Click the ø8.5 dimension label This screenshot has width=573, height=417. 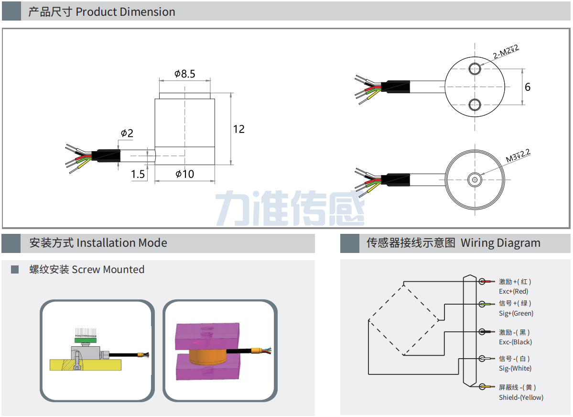[184, 74]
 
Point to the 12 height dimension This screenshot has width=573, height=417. [238, 129]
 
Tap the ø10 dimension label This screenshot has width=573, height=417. [184, 174]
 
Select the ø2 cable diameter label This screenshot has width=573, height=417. [127, 133]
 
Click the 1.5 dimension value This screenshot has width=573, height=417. [138, 175]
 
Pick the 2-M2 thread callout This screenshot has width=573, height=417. [506, 52]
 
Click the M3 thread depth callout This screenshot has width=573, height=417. [518, 155]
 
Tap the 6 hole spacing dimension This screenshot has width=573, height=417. [528, 87]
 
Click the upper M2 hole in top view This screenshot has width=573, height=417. [475, 68]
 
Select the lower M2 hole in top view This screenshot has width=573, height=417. [475, 104]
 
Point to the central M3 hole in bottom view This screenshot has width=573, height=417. [475, 180]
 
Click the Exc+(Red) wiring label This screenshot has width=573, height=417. [513, 291]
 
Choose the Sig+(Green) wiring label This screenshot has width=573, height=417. [516, 313]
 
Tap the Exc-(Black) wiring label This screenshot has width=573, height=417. [515, 342]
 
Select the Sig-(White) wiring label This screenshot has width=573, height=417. [515, 368]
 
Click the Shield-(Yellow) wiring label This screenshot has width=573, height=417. [521, 397]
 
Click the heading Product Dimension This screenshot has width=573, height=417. [101, 12]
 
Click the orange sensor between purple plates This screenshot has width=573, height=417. [208, 357]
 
